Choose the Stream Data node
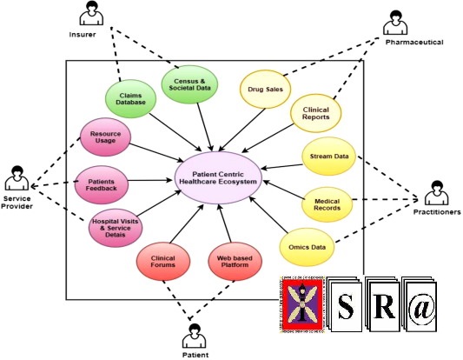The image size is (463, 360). point(329,157)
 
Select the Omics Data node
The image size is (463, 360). point(306,247)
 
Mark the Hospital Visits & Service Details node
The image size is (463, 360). point(115,225)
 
